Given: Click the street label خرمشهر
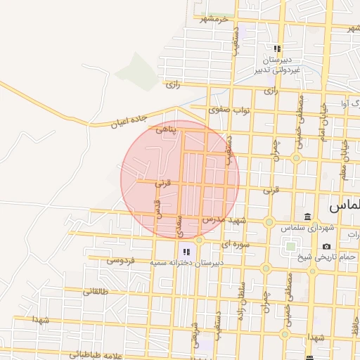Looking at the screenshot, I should (x=215, y=19).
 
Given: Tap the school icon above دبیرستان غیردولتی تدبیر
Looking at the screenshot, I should (x=277, y=49).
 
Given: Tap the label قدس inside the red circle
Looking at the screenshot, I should (x=158, y=211).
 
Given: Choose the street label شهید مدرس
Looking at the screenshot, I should (x=222, y=220).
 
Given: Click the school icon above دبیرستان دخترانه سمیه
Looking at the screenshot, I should (x=186, y=251).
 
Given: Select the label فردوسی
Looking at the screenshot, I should (x=120, y=260).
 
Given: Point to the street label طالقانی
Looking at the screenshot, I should (x=96, y=290).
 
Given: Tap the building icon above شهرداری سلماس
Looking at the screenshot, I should (x=307, y=216).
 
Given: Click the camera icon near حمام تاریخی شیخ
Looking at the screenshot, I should (x=326, y=246).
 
